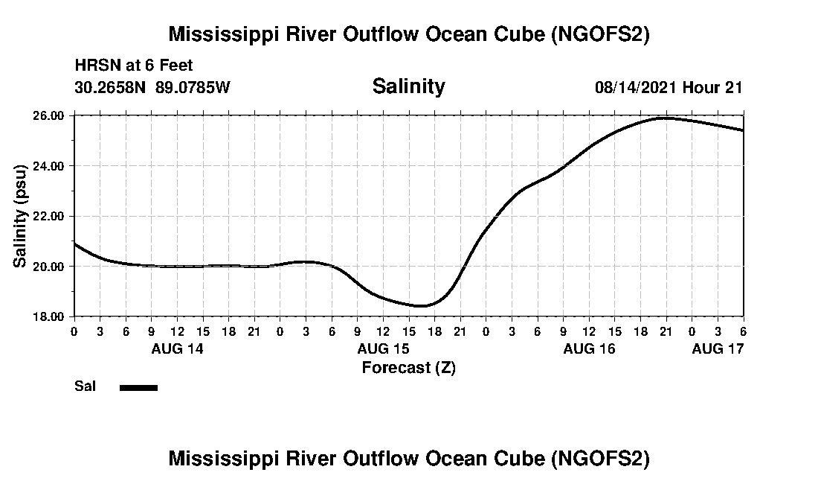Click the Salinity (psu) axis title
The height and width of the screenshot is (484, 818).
tap(20, 216)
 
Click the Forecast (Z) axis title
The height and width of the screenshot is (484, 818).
tap(408, 367)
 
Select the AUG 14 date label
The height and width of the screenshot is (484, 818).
tap(177, 348)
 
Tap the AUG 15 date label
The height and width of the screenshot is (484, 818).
tap(383, 348)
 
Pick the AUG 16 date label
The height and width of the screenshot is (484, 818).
tap(589, 348)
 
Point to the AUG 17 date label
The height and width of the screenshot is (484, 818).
tap(718, 348)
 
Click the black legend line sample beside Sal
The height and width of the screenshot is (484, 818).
tap(138, 387)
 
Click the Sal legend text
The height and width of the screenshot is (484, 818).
tap(85, 386)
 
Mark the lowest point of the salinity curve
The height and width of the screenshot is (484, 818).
tap(421, 305)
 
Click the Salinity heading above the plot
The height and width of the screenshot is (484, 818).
tap(408, 86)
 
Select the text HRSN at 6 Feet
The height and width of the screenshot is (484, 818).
tap(134, 66)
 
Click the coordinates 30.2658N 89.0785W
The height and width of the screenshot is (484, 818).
tap(152, 88)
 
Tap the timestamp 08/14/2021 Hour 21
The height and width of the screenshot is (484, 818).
tap(669, 88)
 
